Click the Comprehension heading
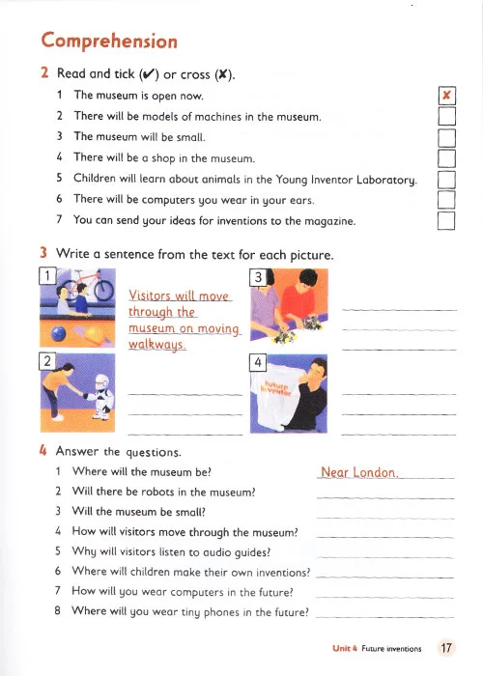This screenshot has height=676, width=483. [109, 42]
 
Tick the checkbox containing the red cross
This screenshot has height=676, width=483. [446, 96]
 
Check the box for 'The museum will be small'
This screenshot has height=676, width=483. [446, 137]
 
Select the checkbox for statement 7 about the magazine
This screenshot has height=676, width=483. [446, 221]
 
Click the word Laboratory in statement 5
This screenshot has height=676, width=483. [386, 180]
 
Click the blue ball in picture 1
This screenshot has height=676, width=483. [58, 334]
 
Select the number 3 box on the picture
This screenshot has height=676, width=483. [258, 277]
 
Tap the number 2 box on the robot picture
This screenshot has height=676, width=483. [47, 361]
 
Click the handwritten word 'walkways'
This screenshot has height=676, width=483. [157, 345]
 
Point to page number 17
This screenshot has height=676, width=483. [446, 648]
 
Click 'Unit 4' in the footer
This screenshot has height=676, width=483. [345, 648]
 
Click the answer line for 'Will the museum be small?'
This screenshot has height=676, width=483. [385, 518]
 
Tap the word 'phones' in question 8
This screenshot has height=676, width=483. [221, 612]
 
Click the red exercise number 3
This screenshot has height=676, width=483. [43, 253]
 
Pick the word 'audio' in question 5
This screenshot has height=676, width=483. [204, 552]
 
